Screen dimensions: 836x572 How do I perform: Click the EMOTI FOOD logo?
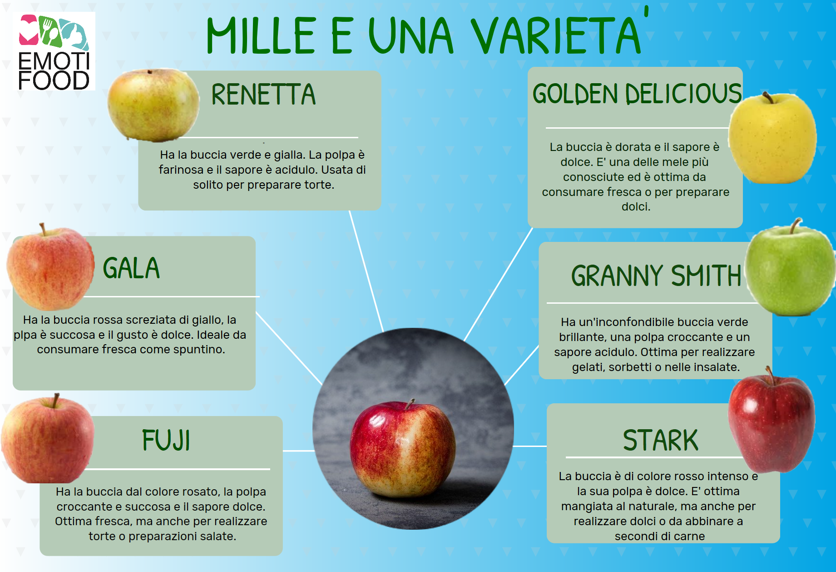pyautogui.click(x=54, y=51)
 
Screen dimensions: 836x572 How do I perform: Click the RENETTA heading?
pyautogui.click(x=263, y=95)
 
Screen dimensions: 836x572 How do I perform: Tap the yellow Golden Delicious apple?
pyautogui.click(x=773, y=137)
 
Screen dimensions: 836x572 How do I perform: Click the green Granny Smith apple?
pyautogui.click(x=791, y=268)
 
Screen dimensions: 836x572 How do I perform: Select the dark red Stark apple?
pyautogui.click(x=772, y=421)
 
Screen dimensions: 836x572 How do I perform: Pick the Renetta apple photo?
pyautogui.click(x=153, y=105)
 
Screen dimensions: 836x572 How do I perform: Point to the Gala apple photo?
pyautogui.click(x=50, y=267)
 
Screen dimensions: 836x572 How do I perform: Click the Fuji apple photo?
pyautogui.click(x=48, y=439)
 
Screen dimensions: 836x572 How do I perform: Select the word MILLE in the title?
pyautogui.click(x=261, y=35)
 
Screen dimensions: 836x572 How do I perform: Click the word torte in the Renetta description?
pyautogui.click(x=320, y=185)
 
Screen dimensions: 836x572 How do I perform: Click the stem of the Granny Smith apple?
pyautogui.click(x=794, y=226)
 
